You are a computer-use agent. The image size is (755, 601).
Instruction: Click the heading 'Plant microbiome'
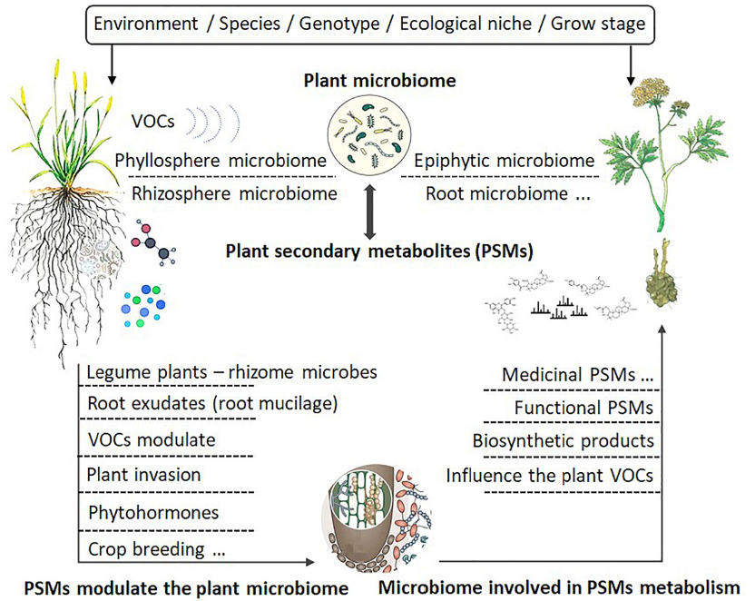tap(378, 82)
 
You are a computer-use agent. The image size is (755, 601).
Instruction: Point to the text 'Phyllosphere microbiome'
tap(221, 161)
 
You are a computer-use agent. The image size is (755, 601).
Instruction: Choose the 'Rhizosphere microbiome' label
tap(234, 192)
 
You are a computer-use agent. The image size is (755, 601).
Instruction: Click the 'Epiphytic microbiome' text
tap(505, 161)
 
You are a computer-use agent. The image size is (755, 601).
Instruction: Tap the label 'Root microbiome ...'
tap(495, 192)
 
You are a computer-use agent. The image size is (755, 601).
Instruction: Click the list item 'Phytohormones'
tap(153, 512)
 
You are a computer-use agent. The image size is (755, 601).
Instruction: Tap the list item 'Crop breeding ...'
tap(156, 548)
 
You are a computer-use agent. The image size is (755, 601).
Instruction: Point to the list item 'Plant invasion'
tap(144, 475)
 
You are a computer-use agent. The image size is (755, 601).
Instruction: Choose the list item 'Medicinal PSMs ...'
tap(578, 375)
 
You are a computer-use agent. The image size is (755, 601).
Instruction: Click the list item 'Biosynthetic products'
tap(564, 440)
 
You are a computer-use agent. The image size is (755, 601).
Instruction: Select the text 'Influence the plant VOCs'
tap(550, 476)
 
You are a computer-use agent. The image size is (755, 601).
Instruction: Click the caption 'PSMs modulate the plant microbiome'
tap(186, 588)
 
